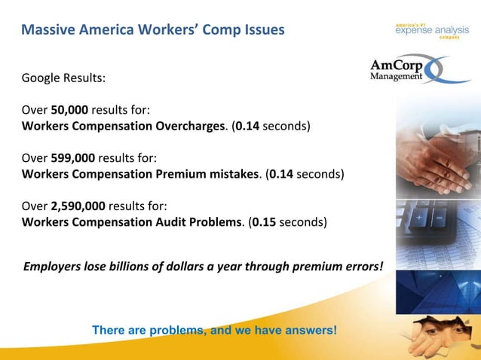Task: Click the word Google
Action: pyautogui.click(x=42, y=78)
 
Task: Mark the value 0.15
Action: pyautogui.click(x=264, y=222)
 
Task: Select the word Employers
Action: pyautogui.click(x=54, y=266)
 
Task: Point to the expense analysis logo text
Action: pyautogui.click(x=431, y=29)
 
